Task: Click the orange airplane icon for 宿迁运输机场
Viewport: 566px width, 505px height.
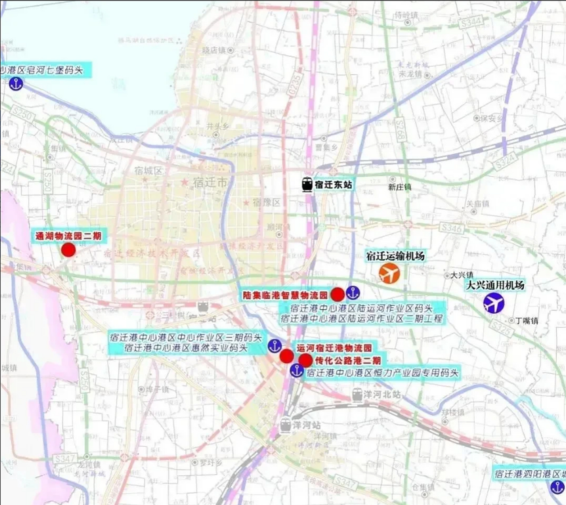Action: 389,273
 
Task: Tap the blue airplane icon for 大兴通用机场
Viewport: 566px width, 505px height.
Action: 494,303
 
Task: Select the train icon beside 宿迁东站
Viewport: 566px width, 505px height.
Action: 307,185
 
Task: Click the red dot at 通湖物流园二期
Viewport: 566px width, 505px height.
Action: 69,250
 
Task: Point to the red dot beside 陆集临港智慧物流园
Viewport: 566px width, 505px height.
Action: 337,294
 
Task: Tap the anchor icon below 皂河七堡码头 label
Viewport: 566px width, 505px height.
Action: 16,84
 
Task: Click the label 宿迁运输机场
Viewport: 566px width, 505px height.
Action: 395,256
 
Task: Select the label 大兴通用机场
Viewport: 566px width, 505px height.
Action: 495,285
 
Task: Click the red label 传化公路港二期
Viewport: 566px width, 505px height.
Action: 348,360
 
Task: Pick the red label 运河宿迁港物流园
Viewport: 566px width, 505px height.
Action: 334,348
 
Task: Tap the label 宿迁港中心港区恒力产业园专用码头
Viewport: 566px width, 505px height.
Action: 383,372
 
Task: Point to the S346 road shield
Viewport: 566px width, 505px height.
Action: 451,228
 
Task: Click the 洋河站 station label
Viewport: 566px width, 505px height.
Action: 307,425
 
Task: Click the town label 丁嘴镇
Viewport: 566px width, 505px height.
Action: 528,321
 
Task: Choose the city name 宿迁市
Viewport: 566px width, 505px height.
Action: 210,183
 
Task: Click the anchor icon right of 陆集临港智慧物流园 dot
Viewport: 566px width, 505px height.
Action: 353,293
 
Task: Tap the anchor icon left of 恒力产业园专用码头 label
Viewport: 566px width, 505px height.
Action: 296,370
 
